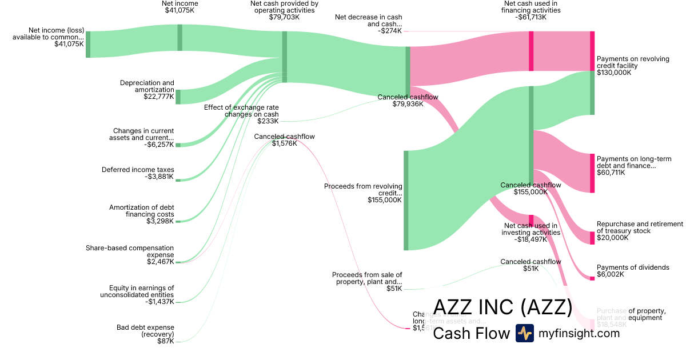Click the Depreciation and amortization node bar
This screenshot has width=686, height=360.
click(178, 97)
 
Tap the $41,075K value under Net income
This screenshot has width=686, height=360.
click(180, 10)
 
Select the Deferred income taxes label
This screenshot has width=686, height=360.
click(138, 170)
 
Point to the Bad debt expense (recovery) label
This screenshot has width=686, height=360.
click(145, 331)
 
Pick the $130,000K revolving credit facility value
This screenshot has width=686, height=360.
click(614, 73)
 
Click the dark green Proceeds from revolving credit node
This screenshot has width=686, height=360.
click(406, 200)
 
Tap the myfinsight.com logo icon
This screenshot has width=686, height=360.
click(524, 333)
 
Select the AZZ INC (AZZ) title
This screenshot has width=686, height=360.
click(502, 307)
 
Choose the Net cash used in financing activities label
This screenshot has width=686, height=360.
click(531, 7)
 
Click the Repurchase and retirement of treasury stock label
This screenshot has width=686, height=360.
click(640, 227)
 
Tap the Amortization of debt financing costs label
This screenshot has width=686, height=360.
click(142, 210)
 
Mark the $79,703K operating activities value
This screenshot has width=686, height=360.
click(284, 17)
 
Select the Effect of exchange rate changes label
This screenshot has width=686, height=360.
click(241, 111)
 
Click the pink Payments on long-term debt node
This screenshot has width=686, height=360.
click(592, 173)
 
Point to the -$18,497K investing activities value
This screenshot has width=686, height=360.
click(531, 239)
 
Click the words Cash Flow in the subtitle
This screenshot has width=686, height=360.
click(471, 333)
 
